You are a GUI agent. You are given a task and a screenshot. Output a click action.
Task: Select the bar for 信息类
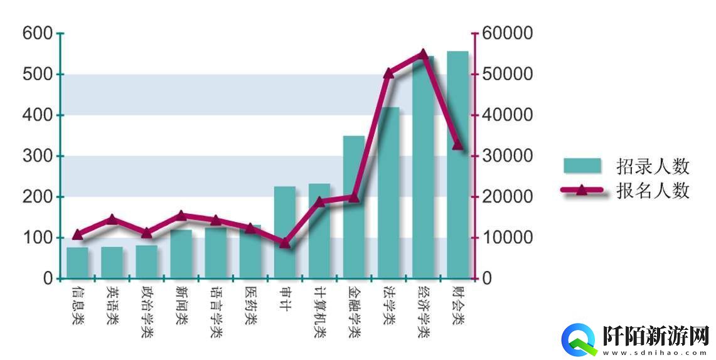(77, 263)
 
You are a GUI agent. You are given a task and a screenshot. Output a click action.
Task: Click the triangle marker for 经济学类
(423, 54)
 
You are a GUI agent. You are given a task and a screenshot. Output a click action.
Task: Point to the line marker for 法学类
(388, 73)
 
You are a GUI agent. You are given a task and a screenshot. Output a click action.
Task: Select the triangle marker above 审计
(285, 243)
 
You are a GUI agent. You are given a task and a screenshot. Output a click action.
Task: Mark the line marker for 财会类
(457, 146)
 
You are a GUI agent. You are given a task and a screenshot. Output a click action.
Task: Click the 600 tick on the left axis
(38, 33)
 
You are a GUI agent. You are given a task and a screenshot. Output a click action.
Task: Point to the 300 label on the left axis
(38, 156)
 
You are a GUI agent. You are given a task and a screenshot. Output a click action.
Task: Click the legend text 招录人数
(653, 166)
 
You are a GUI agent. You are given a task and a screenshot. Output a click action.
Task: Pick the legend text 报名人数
(653, 191)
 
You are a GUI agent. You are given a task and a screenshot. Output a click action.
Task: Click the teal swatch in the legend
(582, 166)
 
